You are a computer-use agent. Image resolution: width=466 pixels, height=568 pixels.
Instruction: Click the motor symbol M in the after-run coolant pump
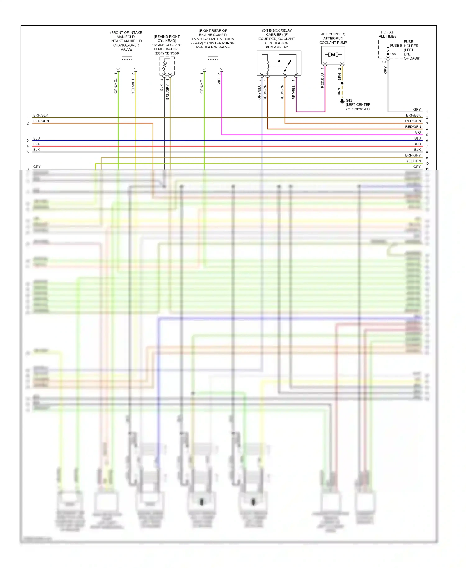333,55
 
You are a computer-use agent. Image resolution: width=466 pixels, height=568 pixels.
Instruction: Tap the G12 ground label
349,100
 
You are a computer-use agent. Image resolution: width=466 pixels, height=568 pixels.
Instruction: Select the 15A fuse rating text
393,54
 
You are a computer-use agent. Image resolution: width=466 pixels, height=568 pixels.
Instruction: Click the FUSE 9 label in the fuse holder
396,46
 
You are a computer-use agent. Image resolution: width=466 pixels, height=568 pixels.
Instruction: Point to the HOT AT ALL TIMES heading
387,34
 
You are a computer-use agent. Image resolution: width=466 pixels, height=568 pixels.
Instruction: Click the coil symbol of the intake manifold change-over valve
127,58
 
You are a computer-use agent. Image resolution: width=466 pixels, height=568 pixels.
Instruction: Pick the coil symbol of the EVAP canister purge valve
213,58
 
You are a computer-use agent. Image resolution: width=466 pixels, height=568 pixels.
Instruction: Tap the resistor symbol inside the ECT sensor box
164,66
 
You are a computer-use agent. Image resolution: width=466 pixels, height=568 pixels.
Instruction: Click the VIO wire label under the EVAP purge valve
219,81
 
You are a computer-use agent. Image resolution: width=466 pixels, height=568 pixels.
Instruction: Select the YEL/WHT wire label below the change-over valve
133,86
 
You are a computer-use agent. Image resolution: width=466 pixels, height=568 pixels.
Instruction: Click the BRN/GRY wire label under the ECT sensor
167,92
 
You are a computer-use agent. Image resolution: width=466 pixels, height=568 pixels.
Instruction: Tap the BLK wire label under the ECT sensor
162,88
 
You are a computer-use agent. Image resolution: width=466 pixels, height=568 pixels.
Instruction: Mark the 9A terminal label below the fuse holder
384,62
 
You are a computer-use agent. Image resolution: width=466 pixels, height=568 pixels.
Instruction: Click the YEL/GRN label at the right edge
413,161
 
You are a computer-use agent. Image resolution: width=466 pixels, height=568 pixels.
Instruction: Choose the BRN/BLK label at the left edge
40,115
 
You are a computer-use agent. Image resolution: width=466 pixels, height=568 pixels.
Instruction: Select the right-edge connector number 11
427,169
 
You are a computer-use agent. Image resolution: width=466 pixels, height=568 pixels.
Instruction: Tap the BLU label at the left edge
36,138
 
